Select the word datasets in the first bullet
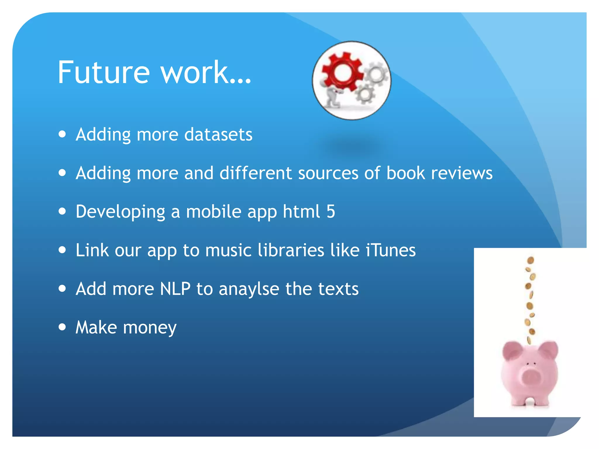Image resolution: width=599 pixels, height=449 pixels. click(x=218, y=135)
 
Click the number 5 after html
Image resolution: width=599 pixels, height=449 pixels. click(x=331, y=211)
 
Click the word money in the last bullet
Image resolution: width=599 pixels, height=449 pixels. click(x=150, y=328)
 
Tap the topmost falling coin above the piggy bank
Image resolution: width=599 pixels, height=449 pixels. click(x=531, y=260)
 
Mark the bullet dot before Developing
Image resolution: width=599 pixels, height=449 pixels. click(x=62, y=211)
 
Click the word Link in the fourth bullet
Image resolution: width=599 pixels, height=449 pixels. click(x=92, y=250)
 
